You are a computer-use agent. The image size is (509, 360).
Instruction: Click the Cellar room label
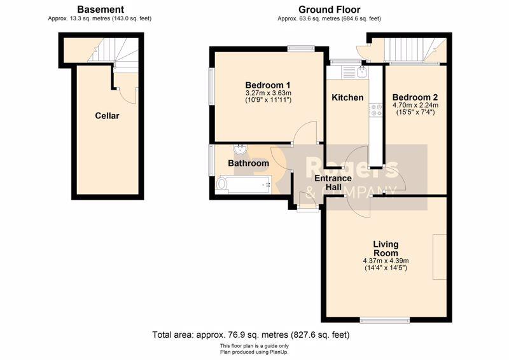tap(107, 116)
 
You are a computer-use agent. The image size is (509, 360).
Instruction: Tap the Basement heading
tap(101, 10)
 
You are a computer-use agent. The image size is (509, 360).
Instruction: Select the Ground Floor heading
tap(329, 10)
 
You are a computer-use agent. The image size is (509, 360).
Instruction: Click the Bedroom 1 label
tap(268, 85)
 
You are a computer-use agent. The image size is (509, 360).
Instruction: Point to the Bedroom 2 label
tap(415, 97)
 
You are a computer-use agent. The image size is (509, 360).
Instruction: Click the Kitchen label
tap(347, 97)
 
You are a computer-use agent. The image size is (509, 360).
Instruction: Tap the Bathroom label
tap(248, 163)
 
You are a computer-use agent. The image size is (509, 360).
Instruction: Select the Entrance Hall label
tap(333, 183)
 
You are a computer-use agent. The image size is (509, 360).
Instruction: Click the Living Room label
tap(386, 249)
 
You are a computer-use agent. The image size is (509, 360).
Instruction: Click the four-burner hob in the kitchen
tap(375, 110)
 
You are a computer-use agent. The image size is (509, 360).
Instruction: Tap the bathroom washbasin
tap(240, 149)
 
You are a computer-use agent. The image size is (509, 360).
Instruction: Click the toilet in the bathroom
tap(221, 184)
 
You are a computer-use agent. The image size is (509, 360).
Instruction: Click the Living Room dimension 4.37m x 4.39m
tap(386, 261)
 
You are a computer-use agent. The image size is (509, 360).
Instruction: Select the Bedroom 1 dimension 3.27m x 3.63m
tap(268, 93)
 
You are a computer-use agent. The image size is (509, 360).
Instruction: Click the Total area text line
tap(251, 335)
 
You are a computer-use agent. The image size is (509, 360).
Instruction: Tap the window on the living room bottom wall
tap(385, 321)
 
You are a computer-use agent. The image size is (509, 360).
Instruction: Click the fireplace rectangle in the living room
tap(440, 257)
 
